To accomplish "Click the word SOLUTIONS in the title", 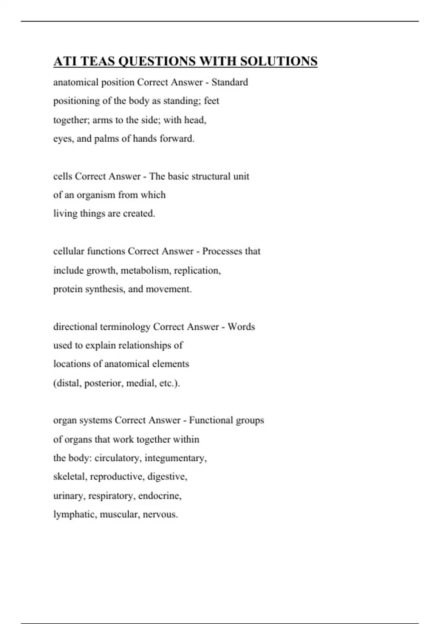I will click(x=279, y=61).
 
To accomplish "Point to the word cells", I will click(x=63, y=177).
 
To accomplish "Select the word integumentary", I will click(x=176, y=458).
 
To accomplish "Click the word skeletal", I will click(x=70, y=477).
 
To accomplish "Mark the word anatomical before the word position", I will click(x=76, y=82).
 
